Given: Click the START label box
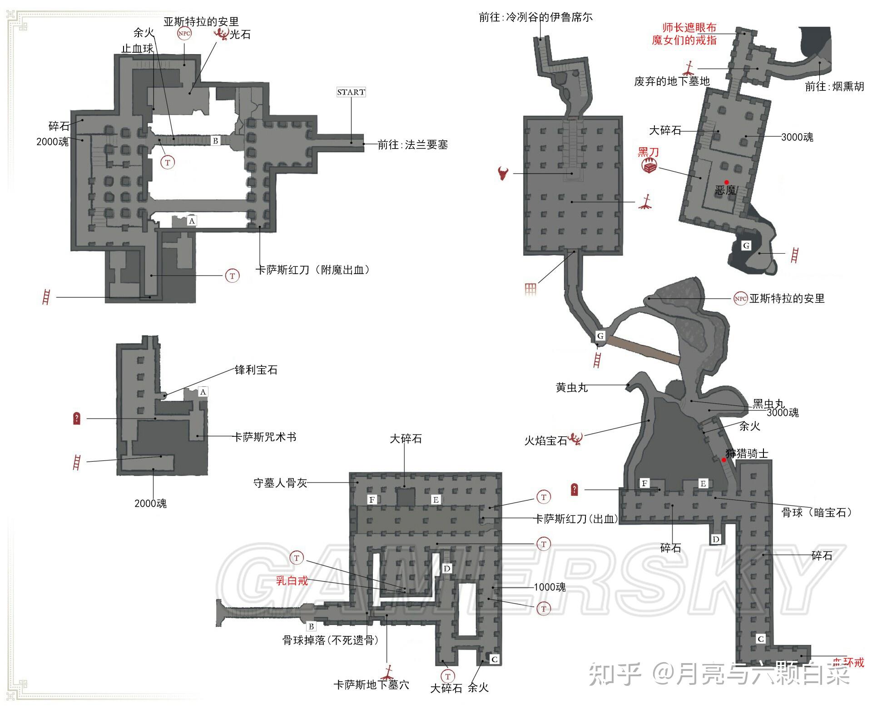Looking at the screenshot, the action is (351, 92).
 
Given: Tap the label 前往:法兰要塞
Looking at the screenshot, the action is (412, 145).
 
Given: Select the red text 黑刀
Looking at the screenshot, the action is (648, 152).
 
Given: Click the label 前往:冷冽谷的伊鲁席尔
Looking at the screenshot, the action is (535, 18).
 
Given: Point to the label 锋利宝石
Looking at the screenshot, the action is (256, 370).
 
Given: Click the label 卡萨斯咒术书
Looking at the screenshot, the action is (264, 437).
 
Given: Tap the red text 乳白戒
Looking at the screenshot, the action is (292, 580).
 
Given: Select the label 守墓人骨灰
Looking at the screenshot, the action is (280, 483).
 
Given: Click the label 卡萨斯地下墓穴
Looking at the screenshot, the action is (371, 685).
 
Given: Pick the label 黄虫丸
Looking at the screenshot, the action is (571, 388).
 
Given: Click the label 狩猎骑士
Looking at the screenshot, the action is (747, 453).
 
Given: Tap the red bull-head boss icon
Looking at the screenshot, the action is (503, 173).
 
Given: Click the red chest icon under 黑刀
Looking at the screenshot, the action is (649, 167).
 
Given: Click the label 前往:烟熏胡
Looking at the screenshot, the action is (834, 87).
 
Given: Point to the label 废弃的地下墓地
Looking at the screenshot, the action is (672, 82).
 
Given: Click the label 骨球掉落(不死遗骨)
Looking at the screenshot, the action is (330, 640).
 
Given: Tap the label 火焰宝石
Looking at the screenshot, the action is (545, 441).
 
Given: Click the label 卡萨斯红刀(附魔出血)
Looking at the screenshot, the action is (312, 270).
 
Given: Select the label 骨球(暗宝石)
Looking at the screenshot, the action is (816, 513).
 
